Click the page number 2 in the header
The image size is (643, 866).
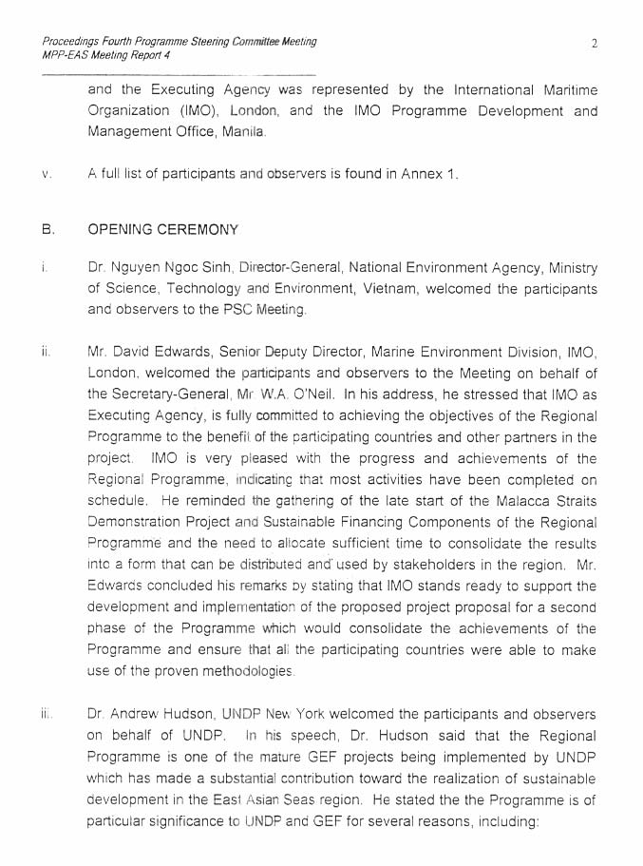pos(594,43)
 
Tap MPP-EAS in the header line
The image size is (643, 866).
pos(66,55)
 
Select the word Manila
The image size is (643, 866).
pos(243,132)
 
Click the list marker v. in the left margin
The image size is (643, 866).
pos(46,174)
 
